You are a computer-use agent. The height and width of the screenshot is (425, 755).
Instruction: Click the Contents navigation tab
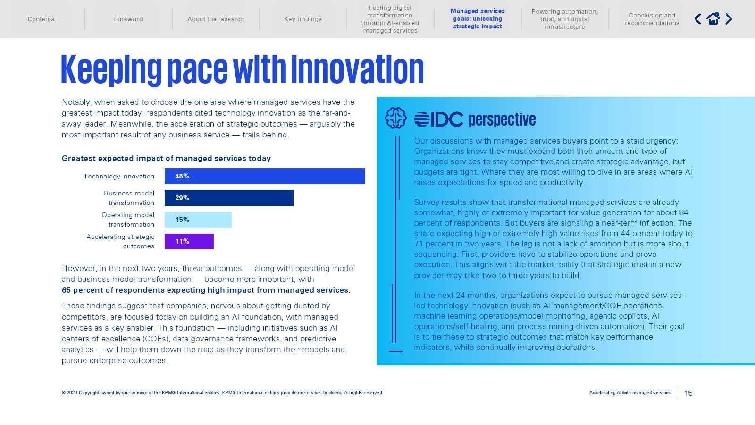41,19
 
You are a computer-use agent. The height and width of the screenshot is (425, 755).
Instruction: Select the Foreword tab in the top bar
128,19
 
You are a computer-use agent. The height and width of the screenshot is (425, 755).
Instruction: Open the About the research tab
216,19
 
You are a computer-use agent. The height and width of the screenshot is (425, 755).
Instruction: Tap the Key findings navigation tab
303,19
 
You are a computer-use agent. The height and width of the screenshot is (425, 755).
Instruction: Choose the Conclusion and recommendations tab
652,19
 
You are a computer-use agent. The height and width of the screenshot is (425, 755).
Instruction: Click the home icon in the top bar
713,19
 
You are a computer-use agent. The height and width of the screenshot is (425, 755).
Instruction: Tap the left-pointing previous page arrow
698,19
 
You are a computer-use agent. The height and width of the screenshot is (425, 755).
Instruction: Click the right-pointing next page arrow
729,19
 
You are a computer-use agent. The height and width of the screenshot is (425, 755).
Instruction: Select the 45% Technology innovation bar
265,176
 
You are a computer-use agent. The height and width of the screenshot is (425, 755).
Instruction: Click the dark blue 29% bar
229,198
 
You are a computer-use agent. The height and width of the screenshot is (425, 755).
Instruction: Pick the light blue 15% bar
198,220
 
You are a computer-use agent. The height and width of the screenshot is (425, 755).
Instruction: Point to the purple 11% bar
189,241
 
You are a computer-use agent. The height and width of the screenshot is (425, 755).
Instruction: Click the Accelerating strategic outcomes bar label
120,241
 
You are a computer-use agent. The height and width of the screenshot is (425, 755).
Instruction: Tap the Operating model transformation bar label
128,220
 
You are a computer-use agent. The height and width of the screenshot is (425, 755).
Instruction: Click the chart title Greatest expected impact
166,159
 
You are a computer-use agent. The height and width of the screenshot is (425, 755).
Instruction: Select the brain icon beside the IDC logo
396,118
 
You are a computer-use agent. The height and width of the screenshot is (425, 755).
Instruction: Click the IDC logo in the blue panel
439,119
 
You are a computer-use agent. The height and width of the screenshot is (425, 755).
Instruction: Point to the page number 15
688,393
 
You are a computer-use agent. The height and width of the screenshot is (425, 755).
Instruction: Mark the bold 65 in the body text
66,290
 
